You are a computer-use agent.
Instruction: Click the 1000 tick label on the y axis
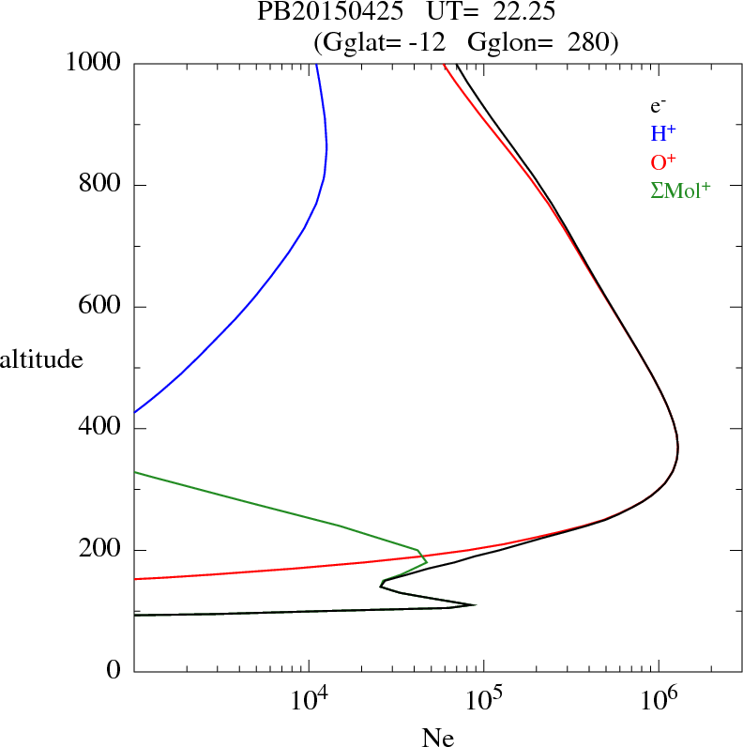tap(93, 63)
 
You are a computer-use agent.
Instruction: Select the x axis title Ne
tap(437, 738)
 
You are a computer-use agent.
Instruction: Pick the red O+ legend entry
tap(664, 162)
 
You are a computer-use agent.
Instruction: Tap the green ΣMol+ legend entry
tap(680, 190)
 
